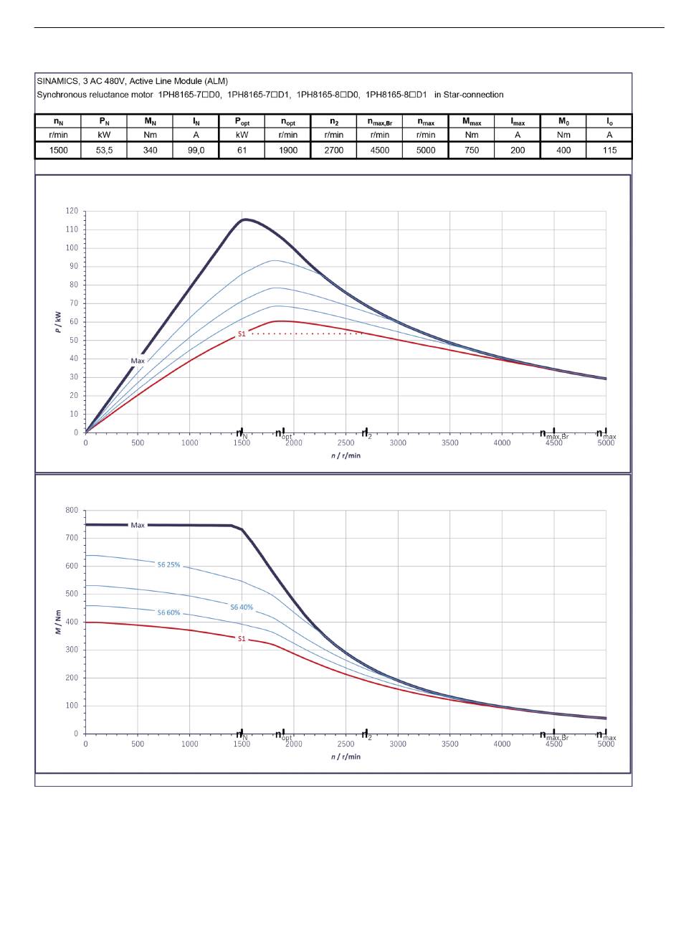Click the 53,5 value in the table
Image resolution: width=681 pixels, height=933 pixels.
[104, 151]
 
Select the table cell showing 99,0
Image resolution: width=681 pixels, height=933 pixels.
[196, 151]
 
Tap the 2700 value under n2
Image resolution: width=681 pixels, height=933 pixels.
[333, 151]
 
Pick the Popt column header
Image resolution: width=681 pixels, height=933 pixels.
[242, 122]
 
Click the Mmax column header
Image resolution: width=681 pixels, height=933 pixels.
[472, 122]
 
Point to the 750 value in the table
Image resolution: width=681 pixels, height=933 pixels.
[472, 151]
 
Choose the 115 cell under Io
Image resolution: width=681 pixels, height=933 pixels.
[609, 151]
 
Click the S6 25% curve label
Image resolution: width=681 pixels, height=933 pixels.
[168, 565]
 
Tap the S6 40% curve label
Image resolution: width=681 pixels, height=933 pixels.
[242, 607]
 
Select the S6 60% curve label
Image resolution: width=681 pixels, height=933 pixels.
[168, 612]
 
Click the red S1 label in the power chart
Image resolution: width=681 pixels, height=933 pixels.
[242, 333]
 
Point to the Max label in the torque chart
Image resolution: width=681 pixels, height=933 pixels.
[138, 525]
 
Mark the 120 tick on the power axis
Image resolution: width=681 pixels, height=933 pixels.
[72, 211]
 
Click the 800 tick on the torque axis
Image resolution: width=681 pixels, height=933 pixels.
[72, 510]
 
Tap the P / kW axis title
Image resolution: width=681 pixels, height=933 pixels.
[58, 322]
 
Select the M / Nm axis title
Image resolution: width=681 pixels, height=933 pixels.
[58, 622]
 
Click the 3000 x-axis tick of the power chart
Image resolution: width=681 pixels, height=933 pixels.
[398, 442]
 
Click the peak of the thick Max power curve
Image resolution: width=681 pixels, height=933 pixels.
[244, 219]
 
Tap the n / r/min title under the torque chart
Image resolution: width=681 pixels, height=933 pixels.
[346, 757]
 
